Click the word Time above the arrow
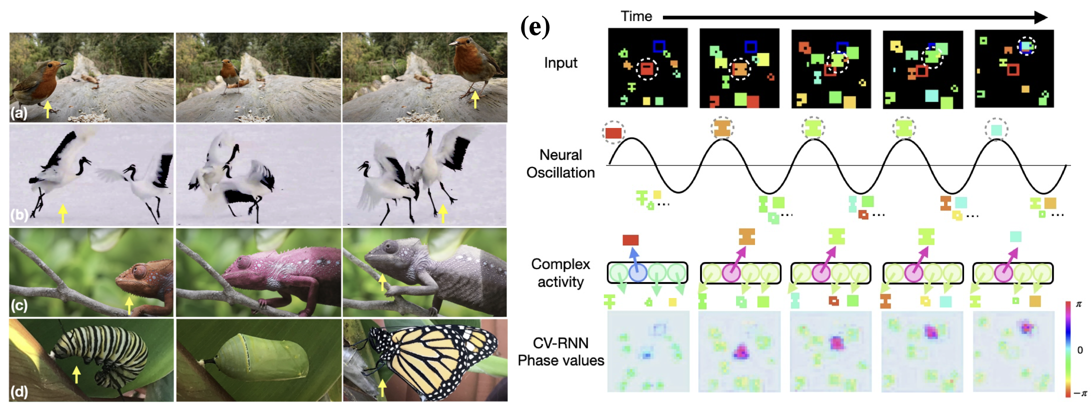(x=636, y=16)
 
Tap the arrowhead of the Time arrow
(x=1040, y=17)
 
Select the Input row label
(x=560, y=63)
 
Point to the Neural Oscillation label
(x=560, y=164)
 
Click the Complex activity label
(x=560, y=273)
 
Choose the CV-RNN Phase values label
(x=560, y=351)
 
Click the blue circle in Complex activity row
(x=638, y=273)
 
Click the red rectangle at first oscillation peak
(x=613, y=133)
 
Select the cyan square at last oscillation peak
(x=996, y=130)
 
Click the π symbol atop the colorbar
(x=1078, y=304)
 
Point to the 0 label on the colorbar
(x=1080, y=350)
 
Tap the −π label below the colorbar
(x=1080, y=393)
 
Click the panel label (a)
(x=19, y=113)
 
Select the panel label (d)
(x=19, y=391)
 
